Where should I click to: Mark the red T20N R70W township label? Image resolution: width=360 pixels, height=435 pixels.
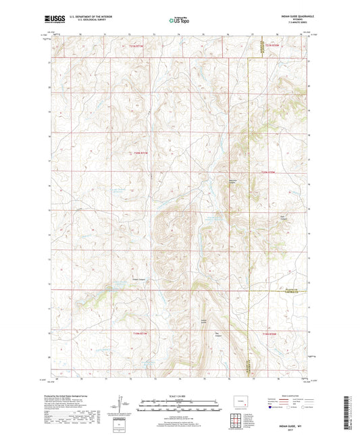(269, 172)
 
